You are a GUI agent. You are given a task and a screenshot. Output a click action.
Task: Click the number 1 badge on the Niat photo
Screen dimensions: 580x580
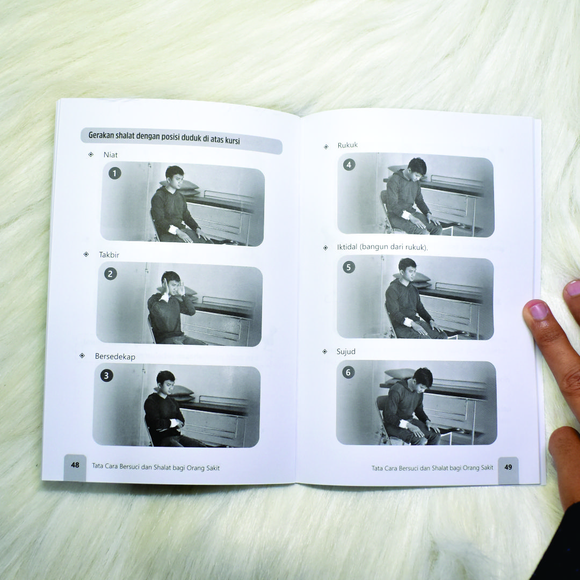[x=115, y=173]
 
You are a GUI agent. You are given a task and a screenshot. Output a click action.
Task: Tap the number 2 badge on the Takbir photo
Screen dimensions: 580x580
[x=110, y=274]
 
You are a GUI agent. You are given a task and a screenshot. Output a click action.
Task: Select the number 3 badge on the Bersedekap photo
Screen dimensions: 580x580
[x=106, y=376]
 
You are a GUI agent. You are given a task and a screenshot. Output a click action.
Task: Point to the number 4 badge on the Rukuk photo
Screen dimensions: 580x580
[x=349, y=165]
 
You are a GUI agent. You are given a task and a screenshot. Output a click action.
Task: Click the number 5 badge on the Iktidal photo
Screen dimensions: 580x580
[x=349, y=267]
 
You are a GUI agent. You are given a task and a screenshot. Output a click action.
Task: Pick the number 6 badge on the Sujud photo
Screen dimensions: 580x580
[x=349, y=373]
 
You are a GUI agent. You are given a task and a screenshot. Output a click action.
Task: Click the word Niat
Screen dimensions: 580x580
[x=111, y=155]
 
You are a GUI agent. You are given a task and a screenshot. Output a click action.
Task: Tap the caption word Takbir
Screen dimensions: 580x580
[x=109, y=255]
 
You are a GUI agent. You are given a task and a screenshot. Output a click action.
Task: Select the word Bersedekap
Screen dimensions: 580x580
[x=115, y=357]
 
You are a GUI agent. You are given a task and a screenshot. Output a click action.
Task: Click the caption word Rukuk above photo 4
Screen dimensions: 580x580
[x=347, y=145]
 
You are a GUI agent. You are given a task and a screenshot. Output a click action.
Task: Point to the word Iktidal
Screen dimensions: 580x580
[x=347, y=247]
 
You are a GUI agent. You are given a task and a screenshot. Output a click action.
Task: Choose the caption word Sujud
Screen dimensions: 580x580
[x=346, y=351]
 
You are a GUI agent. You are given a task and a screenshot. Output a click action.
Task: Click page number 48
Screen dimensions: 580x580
[x=75, y=465]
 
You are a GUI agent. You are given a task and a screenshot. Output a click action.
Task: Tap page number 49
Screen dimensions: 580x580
[x=508, y=467]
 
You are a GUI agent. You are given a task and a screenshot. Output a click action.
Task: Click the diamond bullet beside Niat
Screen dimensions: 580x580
[x=91, y=155]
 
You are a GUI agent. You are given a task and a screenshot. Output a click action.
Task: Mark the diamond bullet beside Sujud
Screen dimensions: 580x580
[x=325, y=351]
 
